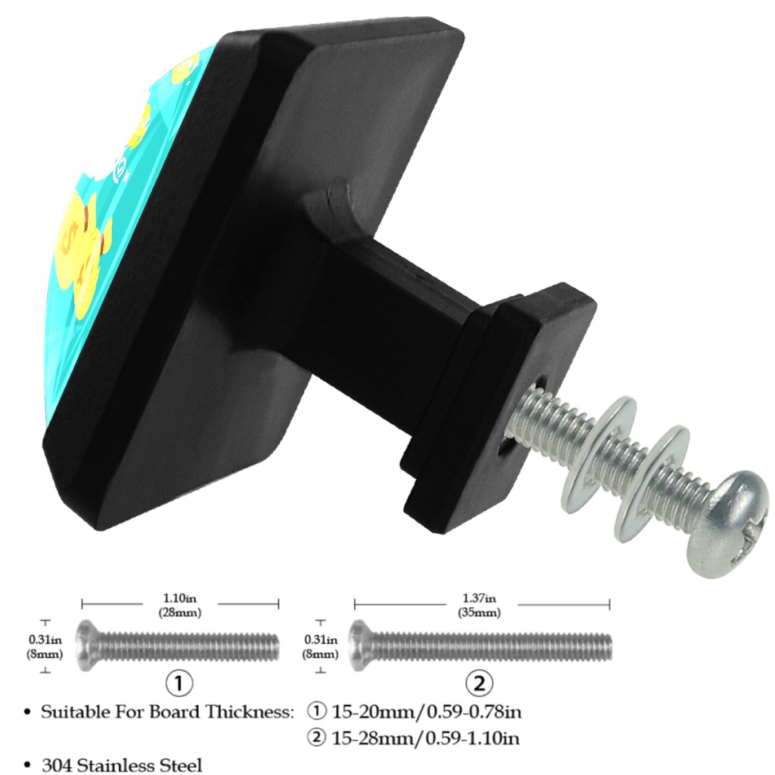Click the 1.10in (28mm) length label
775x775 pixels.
180,605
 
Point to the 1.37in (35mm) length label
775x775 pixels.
479,605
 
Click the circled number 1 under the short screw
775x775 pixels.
180,683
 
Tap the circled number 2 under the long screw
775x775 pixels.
479,683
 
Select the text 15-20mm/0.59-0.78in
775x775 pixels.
426,712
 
